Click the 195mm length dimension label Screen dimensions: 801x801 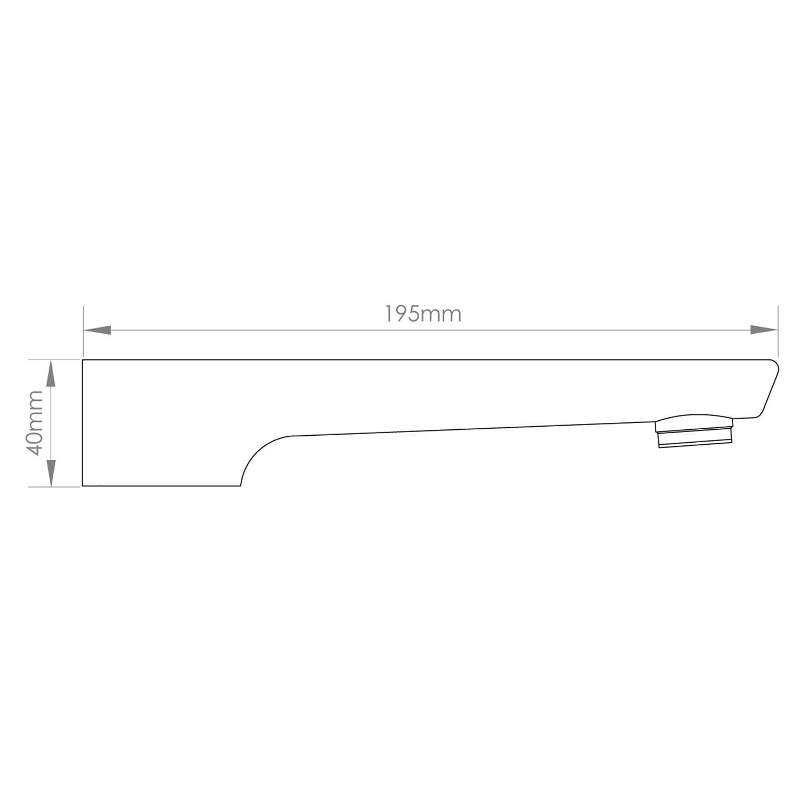tap(423, 314)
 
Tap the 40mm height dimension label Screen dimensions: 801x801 tap(36, 423)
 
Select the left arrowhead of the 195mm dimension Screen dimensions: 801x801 tap(97, 330)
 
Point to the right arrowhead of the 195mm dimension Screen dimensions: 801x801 tap(764, 330)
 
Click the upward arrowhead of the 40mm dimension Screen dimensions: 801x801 tap(51, 373)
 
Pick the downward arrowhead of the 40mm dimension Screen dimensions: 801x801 tap(51, 473)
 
